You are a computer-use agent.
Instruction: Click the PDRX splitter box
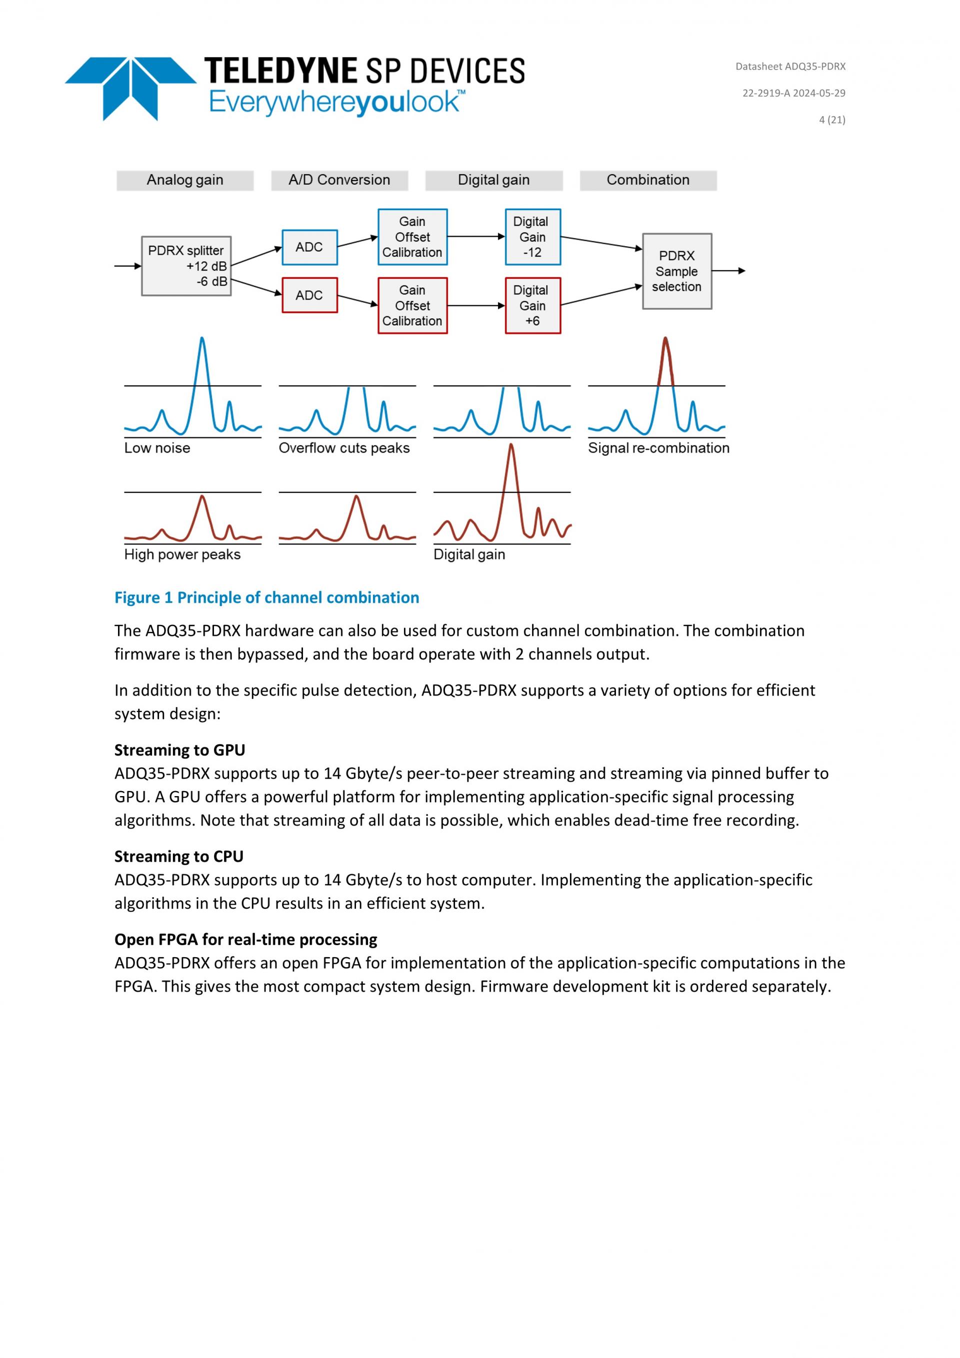click(186, 266)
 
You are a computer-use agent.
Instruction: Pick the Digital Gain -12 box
click(532, 237)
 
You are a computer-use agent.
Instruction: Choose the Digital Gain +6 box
click(532, 306)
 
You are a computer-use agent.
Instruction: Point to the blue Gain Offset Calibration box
click(412, 237)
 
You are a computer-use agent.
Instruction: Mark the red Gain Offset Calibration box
click(412, 306)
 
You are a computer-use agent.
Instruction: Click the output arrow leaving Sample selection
click(728, 271)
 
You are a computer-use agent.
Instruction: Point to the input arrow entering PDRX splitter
click(127, 266)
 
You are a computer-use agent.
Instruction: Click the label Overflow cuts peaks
click(344, 448)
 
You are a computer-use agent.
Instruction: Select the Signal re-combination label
click(658, 448)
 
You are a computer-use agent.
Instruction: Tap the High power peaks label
click(182, 555)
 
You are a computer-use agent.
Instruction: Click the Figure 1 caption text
click(266, 598)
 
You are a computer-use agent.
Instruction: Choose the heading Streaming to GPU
click(179, 750)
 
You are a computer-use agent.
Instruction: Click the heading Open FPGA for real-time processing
click(245, 939)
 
